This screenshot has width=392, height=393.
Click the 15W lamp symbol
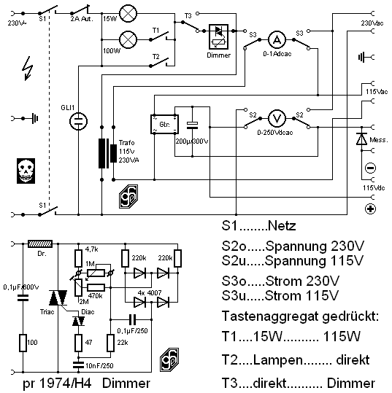point(128,13)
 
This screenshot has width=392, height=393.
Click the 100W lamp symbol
point(128,39)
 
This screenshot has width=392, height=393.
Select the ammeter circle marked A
point(277,39)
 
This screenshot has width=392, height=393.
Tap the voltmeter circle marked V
point(277,118)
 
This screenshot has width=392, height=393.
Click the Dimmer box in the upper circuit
point(218,36)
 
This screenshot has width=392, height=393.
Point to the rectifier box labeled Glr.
point(165,124)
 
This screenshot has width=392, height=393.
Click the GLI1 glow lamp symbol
point(78,121)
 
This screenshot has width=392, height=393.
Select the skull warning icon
point(26,171)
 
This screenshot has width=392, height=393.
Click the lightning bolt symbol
point(28,69)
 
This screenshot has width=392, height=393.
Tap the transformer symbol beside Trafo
point(107,153)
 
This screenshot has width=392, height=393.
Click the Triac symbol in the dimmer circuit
point(58,297)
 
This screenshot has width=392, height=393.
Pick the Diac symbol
point(78,321)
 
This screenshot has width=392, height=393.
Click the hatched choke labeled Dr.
point(40,244)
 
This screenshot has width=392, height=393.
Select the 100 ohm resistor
point(23,343)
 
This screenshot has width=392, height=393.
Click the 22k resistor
point(110,343)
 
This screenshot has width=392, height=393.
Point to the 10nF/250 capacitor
point(78,365)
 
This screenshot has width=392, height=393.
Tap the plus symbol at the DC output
point(370,209)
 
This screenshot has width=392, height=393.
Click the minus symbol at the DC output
point(370,168)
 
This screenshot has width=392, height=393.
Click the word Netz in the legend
point(282,225)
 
